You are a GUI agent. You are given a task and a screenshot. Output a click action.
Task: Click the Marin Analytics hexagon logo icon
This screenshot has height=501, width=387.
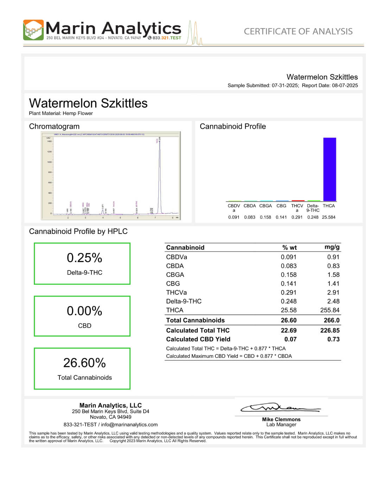coord(33,30)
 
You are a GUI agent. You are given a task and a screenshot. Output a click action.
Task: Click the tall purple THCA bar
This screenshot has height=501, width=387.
coord(329,169)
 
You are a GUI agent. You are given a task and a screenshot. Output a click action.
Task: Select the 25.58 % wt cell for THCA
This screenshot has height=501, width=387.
coord(288,310)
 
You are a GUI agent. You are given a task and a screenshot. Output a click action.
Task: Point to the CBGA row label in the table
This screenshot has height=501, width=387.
coord(175,275)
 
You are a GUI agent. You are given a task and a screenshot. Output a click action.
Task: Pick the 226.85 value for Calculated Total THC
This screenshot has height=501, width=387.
coord(330,330)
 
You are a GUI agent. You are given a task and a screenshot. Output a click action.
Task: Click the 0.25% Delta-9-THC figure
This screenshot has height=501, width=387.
coord(84,258)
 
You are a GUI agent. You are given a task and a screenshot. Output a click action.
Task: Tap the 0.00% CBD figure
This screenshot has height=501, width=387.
coord(84,311)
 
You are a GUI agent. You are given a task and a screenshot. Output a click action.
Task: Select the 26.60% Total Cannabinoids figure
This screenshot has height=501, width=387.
coord(84,363)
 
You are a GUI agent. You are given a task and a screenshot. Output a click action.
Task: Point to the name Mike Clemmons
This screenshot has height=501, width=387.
coord(281,419)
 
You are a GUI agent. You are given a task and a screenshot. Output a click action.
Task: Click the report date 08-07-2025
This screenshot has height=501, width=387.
coord(345,85)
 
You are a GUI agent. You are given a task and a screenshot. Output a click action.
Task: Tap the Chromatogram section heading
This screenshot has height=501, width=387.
coord(54,126)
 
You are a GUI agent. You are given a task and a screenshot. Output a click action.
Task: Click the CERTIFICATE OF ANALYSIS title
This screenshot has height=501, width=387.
coord(298,31)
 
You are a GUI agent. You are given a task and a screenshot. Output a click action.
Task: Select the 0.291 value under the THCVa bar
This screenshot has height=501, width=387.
coord(297,217)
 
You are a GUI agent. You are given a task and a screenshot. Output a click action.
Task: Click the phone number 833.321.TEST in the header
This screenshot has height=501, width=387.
coord(166,38)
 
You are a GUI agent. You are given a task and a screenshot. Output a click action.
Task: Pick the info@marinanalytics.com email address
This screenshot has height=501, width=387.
coord(129,425)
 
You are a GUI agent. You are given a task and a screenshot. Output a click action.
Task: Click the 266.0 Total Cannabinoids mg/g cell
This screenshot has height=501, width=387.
coord(331,320)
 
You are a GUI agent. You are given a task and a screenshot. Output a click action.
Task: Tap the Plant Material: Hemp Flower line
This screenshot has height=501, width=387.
coord(61,113)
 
